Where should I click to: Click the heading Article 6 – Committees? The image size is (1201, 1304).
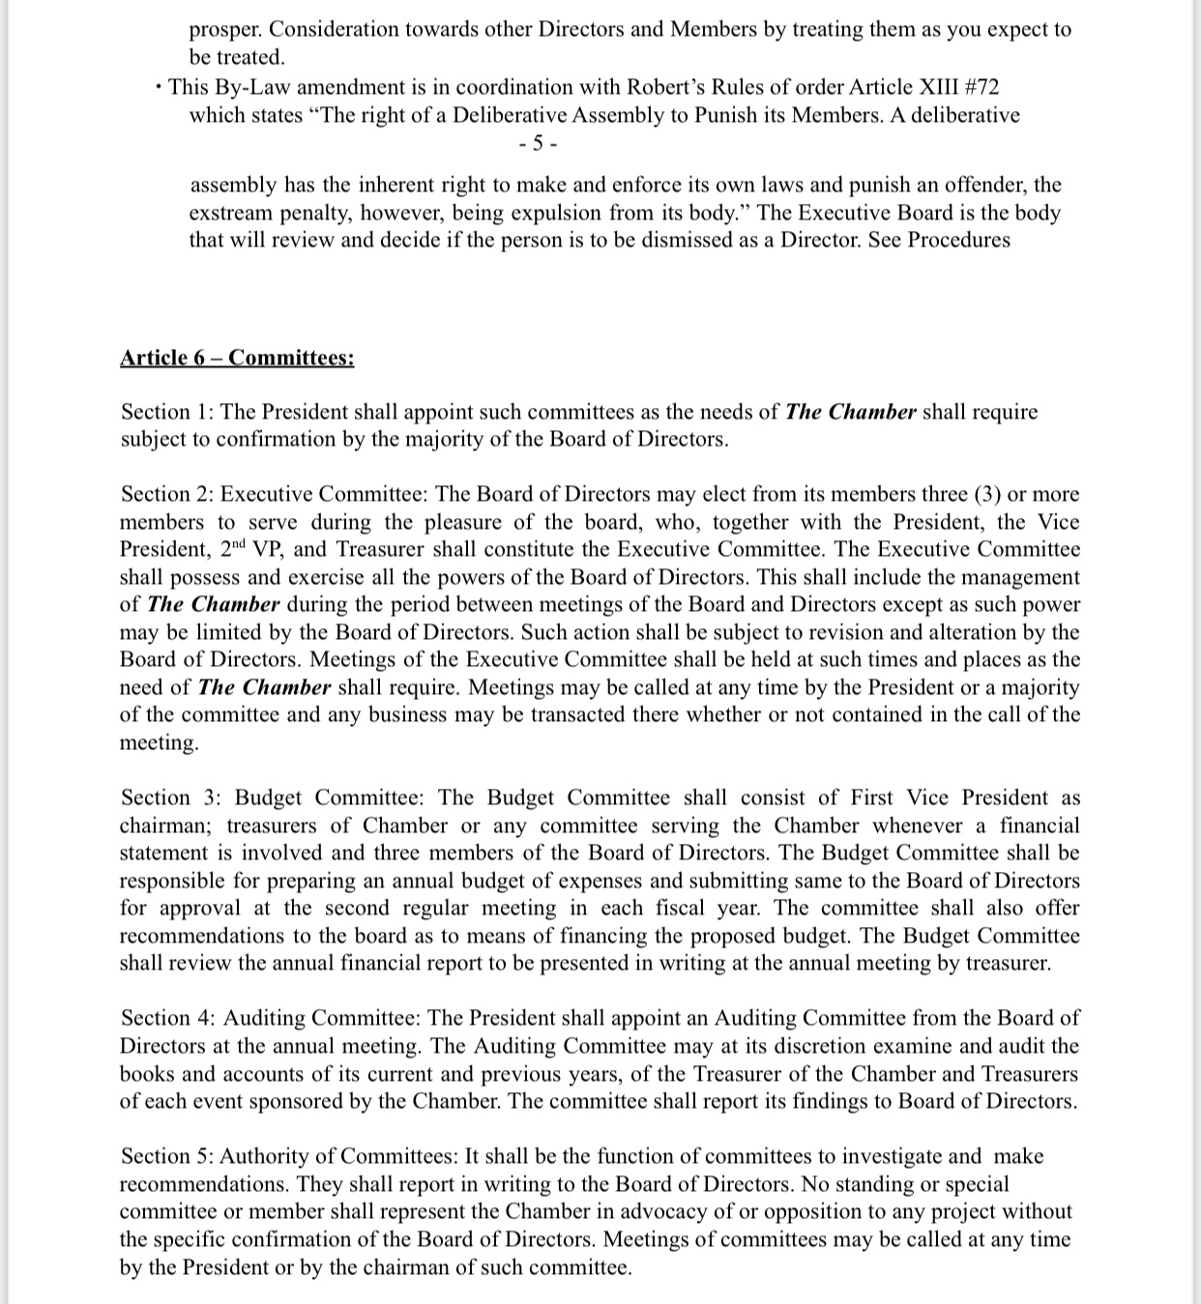[x=237, y=358]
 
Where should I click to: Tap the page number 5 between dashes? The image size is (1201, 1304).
[x=538, y=144]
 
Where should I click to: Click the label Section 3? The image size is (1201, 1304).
[x=171, y=797]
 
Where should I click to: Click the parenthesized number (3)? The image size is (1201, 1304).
[x=985, y=494]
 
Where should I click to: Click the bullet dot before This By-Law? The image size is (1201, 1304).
[x=158, y=88]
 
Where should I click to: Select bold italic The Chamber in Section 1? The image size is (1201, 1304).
[x=850, y=412]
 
